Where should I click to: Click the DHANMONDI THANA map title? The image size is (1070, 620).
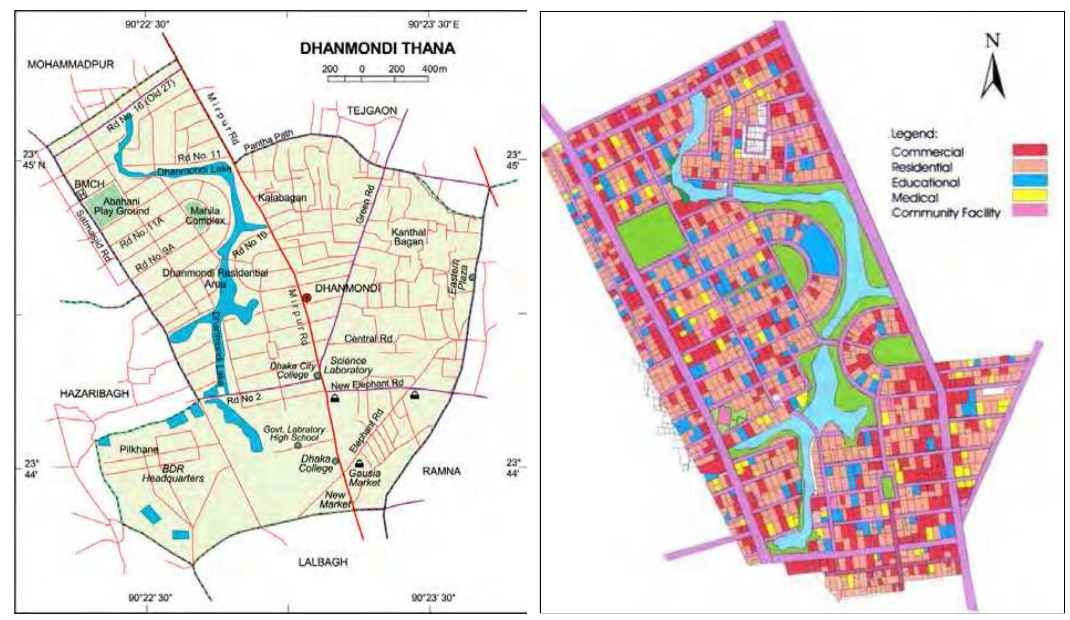378,48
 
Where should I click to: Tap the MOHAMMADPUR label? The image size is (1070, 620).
71,65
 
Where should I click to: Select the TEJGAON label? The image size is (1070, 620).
372,111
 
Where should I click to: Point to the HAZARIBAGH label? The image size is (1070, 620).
94,394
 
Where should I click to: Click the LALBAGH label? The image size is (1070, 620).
323,562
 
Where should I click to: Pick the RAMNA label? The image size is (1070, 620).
441,471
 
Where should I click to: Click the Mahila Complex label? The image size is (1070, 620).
205,215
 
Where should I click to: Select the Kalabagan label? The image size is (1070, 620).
282,198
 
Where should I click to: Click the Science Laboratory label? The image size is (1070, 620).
348,365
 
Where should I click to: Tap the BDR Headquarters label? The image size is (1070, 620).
173,473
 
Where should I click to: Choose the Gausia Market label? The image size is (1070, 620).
364,478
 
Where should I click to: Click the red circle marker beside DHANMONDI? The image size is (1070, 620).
307,297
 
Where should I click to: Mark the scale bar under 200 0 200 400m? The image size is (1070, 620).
378,79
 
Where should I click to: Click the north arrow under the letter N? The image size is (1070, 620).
993,77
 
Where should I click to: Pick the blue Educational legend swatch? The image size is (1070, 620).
1030,180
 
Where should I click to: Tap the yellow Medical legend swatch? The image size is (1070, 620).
1030,195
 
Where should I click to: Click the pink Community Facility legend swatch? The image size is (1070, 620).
1030,210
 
